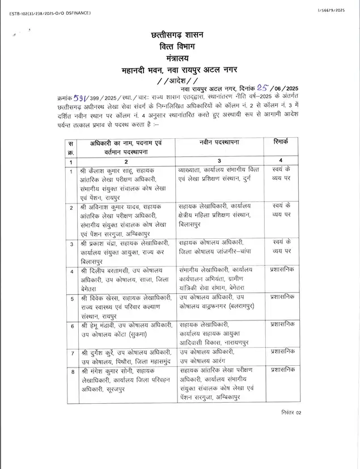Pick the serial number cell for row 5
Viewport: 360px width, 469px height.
click(x=71, y=298)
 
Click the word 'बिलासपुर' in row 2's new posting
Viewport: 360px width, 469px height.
click(x=192, y=224)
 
